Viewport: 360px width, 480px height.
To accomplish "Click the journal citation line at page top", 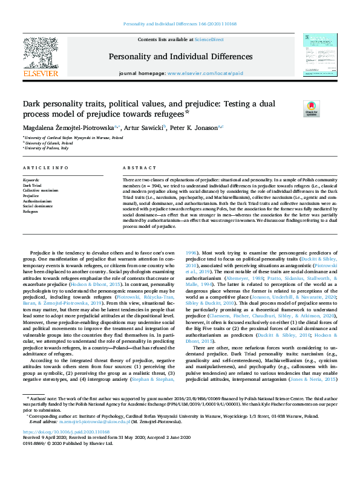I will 179,25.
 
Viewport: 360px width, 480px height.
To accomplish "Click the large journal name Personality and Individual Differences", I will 180,57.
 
